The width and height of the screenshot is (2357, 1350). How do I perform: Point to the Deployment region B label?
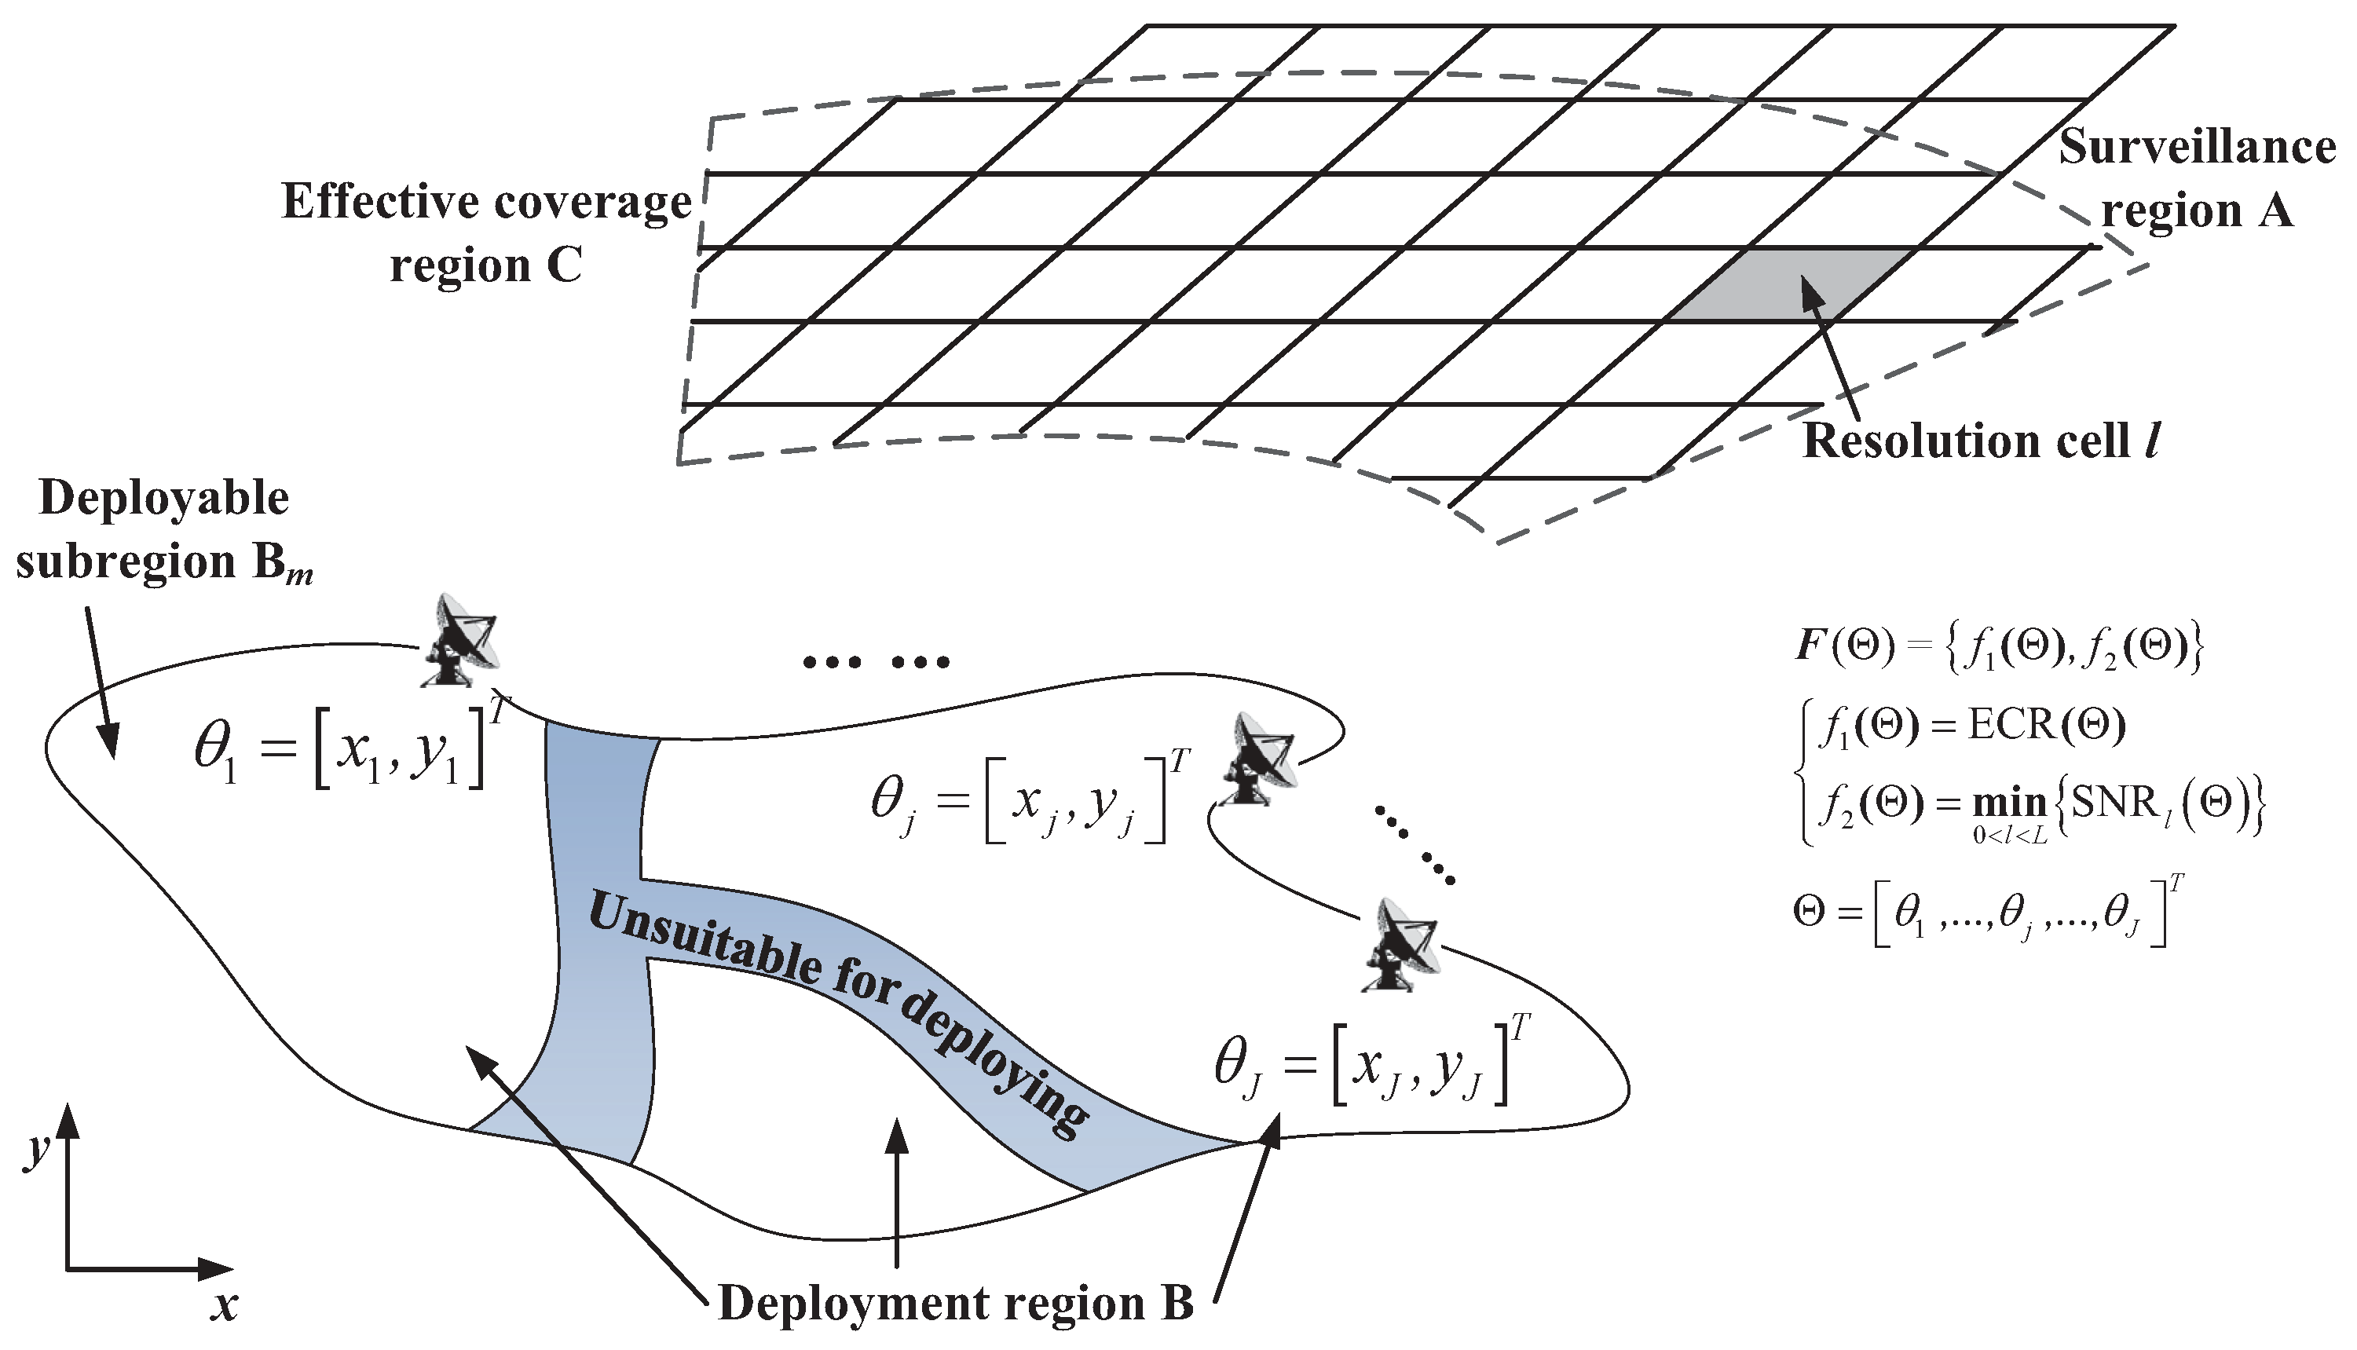click(x=955, y=1304)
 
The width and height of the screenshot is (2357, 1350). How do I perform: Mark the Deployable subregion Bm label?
click(x=164, y=530)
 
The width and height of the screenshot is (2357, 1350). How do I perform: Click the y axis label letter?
click(x=35, y=1150)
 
